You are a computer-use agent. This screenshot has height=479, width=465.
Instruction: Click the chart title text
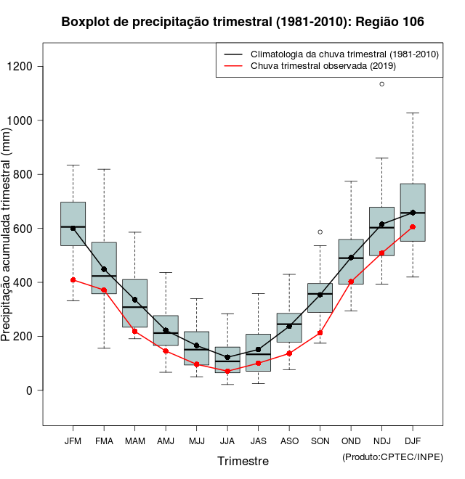click(x=243, y=22)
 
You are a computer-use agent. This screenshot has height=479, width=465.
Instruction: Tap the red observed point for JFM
click(x=73, y=280)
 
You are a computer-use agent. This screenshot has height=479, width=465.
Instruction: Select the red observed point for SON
click(x=320, y=333)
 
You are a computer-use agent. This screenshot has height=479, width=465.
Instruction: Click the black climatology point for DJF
click(x=413, y=213)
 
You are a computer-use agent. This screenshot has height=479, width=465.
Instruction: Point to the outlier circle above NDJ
click(x=381, y=84)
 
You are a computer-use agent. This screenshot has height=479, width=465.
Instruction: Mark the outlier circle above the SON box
click(x=320, y=232)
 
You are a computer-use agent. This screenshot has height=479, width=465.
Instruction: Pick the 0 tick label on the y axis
click(x=29, y=390)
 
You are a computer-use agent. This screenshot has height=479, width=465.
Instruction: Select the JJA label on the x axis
click(x=227, y=441)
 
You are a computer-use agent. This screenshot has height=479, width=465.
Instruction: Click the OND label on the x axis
click(x=351, y=441)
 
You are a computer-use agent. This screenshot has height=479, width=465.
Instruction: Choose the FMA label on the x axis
click(x=104, y=441)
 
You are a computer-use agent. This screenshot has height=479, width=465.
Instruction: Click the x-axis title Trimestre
click(x=243, y=461)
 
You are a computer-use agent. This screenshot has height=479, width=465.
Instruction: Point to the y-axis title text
click(x=7, y=235)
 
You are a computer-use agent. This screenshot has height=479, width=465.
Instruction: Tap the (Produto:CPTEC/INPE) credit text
click(x=392, y=457)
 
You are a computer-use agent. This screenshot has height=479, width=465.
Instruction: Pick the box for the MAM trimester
click(x=134, y=290)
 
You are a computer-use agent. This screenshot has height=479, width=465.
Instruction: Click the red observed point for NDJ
click(x=381, y=253)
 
